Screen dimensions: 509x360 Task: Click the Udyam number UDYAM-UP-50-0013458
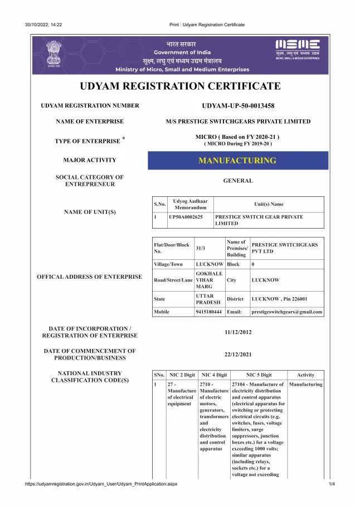(x=238, y=106)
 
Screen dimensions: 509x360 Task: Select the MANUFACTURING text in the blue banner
(x=237, y=161)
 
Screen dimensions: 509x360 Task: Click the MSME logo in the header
(x=298, y=47)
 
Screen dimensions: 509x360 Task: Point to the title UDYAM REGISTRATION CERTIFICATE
(x=180, y=86)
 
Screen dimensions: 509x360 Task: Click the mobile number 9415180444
(x=208, y=312)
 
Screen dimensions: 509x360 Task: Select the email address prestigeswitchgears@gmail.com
(x=287, y=312)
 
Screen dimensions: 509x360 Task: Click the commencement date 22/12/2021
(x=238, y=354)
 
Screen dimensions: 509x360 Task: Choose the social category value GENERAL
(x=238, y=181)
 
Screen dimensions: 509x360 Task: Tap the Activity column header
(x=306, y=375)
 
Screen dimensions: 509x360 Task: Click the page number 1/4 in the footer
(x=331, y=484)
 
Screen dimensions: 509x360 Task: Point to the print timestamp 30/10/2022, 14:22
(x=43, y=25)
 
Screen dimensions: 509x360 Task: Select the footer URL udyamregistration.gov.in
(x=101, y=484)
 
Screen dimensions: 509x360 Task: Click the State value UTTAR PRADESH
(x=208, y=299)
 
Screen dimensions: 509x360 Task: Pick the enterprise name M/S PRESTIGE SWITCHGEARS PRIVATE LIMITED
(x=238, y=122)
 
